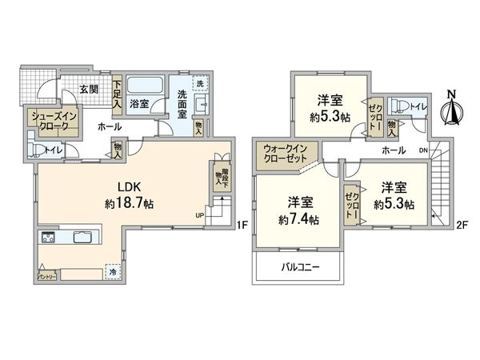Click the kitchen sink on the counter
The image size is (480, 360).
point(83,236)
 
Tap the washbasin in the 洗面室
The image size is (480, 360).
point(201,106)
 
